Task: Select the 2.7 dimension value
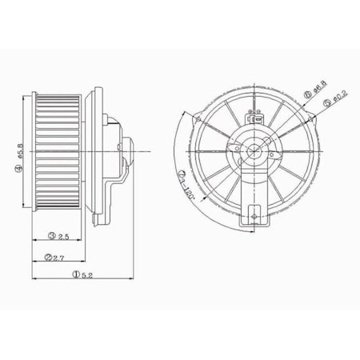tap(58, 257)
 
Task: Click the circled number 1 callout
tap(74, 274)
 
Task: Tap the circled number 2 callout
tap(49, 257)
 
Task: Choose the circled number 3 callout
tap(50, 236)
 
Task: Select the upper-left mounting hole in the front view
tap(197, 119)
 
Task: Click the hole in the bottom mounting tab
tap(255, 214)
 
